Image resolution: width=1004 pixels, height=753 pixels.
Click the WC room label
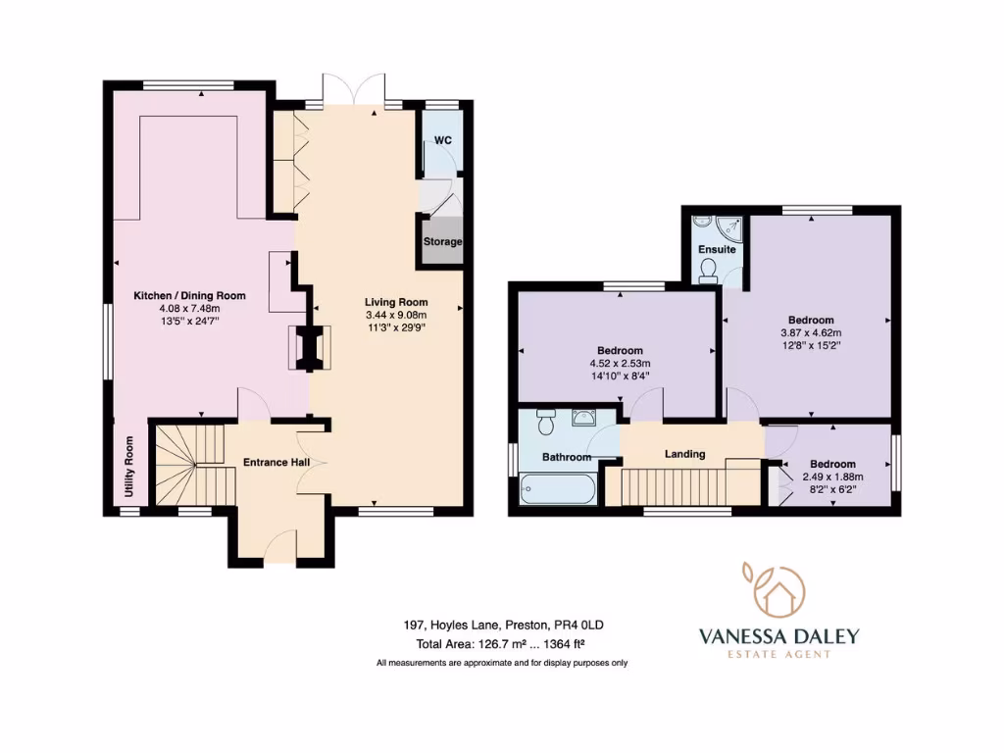coord(442,140)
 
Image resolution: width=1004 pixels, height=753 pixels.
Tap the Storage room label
coord(442,241)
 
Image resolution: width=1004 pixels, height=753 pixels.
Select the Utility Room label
coord(129,466)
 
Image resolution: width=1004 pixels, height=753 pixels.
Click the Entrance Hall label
coord(276,463)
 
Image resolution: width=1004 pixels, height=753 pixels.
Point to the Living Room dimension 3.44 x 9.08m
coord(396,315)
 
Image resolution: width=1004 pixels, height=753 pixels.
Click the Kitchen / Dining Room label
coord(189,296)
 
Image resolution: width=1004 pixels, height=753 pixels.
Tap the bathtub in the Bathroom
coord(558,490)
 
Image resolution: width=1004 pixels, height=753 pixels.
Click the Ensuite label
coord(717,249)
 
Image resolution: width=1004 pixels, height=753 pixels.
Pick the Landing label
coord(684,454)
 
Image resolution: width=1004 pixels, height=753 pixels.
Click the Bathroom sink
coord(584,418)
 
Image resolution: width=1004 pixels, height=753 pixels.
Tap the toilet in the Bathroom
coord(546,422)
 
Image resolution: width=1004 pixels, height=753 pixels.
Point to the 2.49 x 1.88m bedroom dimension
coord(832,477)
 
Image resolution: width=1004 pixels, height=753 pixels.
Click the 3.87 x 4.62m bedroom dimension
coord(811,333)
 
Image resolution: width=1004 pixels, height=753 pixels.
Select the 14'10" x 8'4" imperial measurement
coord(620,376)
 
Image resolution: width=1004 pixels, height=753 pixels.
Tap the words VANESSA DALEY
coord(779,636)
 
